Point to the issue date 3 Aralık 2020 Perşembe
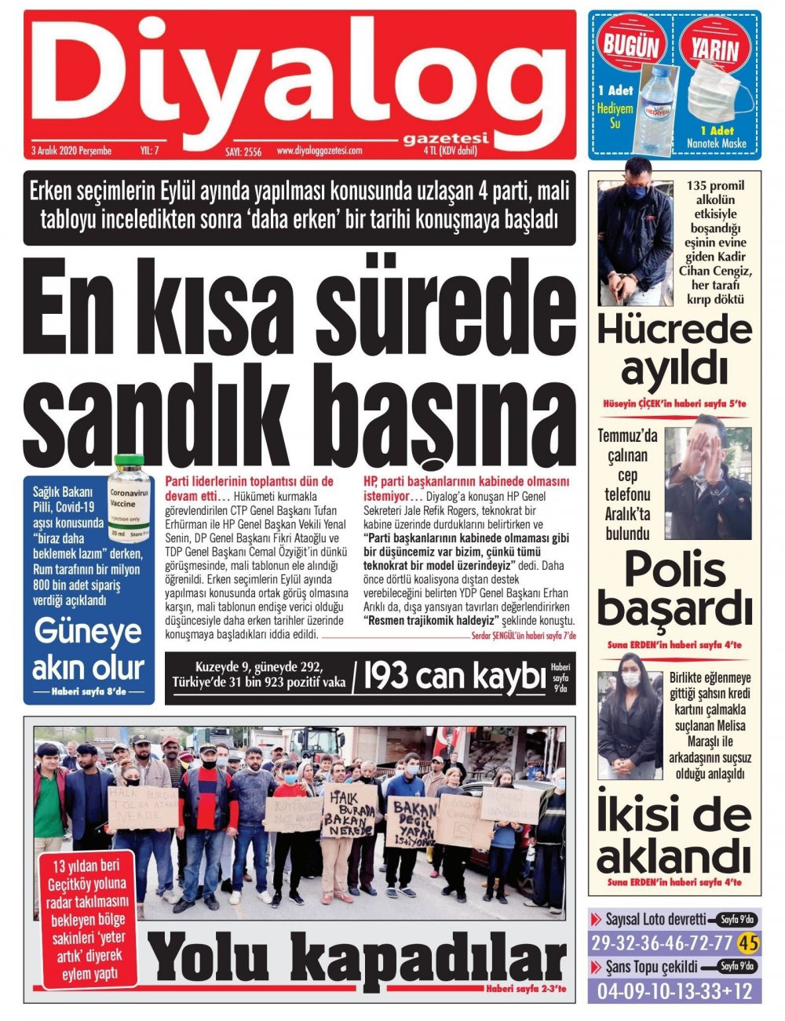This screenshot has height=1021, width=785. [71, 151]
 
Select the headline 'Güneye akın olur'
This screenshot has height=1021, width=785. [89, 649]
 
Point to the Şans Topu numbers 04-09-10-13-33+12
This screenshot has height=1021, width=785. [674, 990]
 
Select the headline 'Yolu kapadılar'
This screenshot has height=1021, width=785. [357, 961]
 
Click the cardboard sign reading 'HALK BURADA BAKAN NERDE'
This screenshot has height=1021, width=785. [349, 810]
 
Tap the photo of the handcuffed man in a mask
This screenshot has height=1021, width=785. [634, 232]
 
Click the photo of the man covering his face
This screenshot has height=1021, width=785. [708, 476]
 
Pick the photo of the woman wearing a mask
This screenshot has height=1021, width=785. [628, 724]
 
